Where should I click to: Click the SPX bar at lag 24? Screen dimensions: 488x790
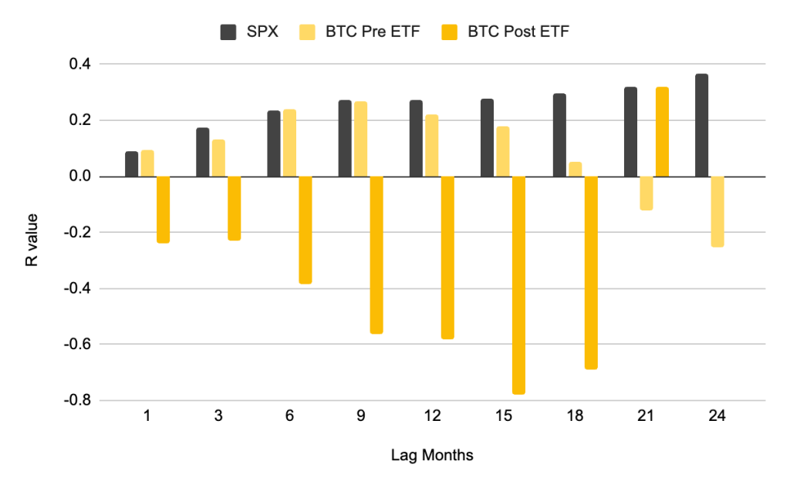point(701,126)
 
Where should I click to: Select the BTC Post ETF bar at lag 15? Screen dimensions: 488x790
point(518,285)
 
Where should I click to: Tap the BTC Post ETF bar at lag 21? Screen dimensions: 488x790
point(661,132)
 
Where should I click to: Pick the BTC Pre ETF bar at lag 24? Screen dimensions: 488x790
point(717,211)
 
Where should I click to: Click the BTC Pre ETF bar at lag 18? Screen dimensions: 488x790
point(575,169)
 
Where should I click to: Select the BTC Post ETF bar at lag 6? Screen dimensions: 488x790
point(305,230)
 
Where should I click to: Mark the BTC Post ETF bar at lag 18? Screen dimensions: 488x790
point(590,272)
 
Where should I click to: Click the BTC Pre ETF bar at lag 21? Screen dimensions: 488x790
point(646,193)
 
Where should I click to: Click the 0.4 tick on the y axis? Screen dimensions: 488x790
point(79,64)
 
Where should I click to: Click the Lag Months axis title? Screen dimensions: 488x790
point(432,456)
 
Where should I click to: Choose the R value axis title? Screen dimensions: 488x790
point(32,232)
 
